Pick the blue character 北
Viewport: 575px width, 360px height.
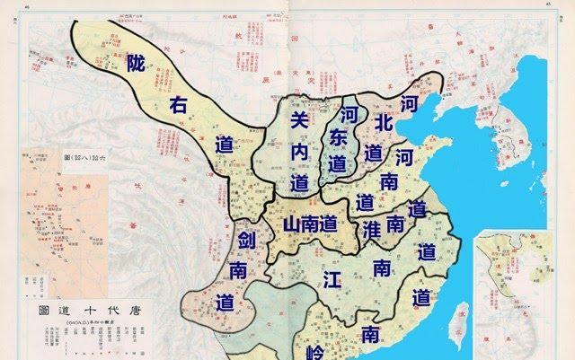coord(384,122)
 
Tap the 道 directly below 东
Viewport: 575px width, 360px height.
coord(338,165)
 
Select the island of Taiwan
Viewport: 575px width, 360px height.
coord(457,318)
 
